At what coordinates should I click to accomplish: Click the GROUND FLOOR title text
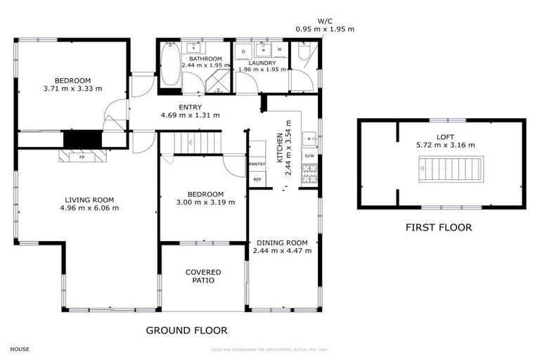tap(186, 330)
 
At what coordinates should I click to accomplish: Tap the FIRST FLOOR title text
tap(438, 227)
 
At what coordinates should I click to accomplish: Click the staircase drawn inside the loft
tap(451, 169)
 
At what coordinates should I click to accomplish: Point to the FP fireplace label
tap(82, 157)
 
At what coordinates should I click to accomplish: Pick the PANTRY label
tap(257, 164)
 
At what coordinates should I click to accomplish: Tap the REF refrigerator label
tap(257, 179)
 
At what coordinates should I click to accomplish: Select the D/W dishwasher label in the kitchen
tap(309, 155)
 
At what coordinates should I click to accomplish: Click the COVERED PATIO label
tap(203, 276)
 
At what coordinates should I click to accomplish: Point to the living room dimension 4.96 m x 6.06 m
tap(89, 207)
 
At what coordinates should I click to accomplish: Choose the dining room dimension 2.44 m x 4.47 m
tap(281, 250)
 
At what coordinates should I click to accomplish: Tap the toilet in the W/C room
tap(304, 51)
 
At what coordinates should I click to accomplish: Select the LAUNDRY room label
tap(262, 63)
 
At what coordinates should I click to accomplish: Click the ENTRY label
tap(190, 107)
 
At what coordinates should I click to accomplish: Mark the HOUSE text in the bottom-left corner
tap(20, 349)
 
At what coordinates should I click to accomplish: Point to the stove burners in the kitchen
tap(309, 170)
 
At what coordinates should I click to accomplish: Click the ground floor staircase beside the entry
tap(198, 143)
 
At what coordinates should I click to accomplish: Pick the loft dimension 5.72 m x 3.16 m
tap(442, 147)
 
